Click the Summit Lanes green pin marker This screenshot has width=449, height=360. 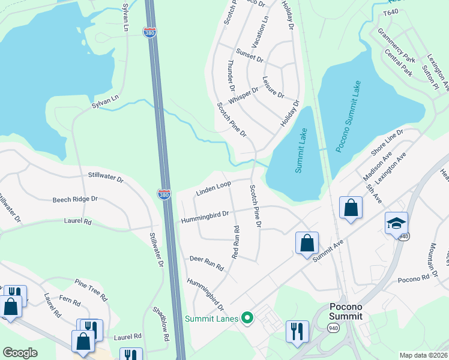pyautogui.click(x=246, y=318)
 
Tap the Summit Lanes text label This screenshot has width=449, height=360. pyautogui.click(x=211, y=318)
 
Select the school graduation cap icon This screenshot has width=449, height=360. pyautogui.click(x=396, y=223)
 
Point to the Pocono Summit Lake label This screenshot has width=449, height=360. pyautogui.click(x=348, y=116)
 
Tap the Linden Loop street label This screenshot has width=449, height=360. pyautogui.click(x=213, y=189)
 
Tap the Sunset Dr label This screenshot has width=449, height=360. pyautogui.click(x=250, y=55)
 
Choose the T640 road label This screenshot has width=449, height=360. pyautogui.click(x=391, y=12)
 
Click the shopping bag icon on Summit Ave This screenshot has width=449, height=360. pyautogui.click(x=307, y=244)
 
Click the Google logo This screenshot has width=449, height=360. pyautogui.click(x=20, y=352)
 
